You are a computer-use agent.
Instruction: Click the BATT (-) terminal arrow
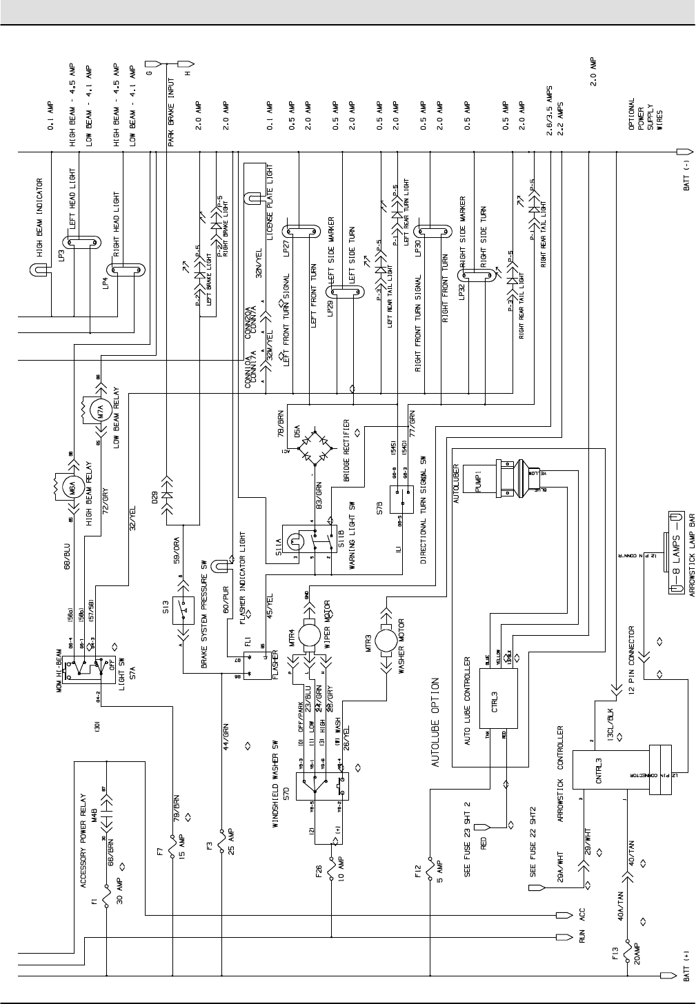pyautogui.click(x=685, y=151)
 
